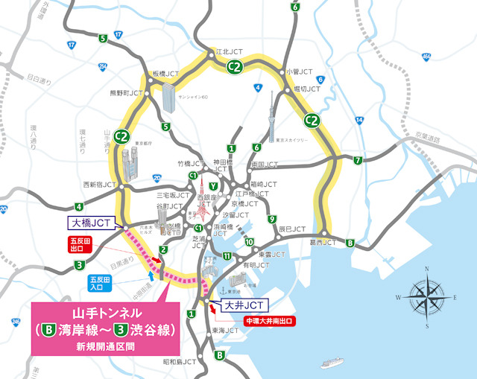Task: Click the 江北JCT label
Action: click(x=230, y=52)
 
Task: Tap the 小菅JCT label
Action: click(x=296, y=71)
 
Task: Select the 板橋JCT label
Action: click(x=166, y=74)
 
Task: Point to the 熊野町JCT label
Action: click(x=125, y=93)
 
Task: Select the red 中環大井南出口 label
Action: click(x=270, y=321)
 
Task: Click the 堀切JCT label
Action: click(x=306, y=89)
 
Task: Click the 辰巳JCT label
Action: click(x=291, y=229)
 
